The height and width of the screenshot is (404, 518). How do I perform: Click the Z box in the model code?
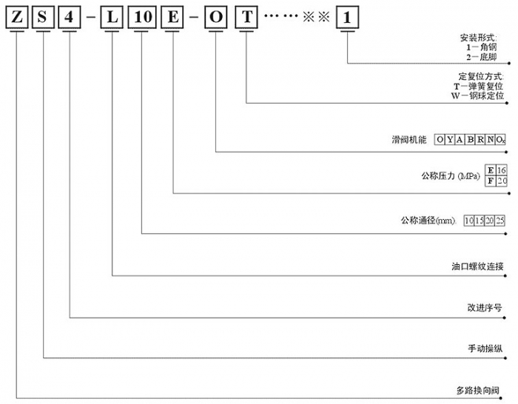point(16,18)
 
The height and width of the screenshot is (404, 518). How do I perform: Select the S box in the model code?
point(44,18)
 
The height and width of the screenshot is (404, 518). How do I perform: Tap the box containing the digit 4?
point(70,18)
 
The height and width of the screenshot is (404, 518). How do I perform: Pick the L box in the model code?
point(112,18)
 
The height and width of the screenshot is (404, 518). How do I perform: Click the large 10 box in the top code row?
point(143,18)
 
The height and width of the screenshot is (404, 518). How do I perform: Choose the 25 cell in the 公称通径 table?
point(500,220)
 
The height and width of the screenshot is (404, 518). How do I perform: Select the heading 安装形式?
point(482,36)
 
